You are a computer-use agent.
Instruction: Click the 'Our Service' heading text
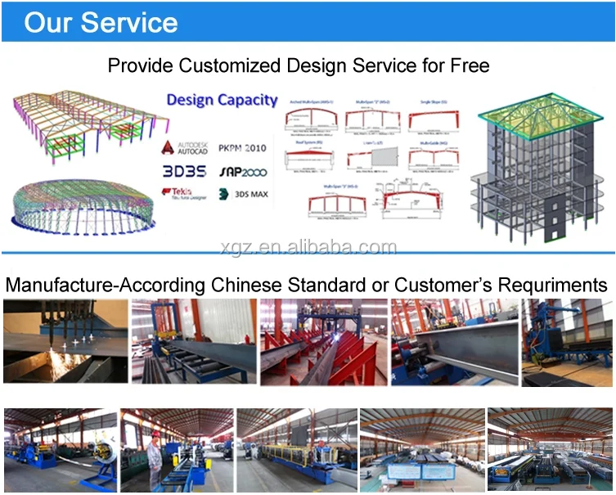click(100, 22)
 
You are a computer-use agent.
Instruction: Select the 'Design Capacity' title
click(222, 100)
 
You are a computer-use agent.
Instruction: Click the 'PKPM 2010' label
click(243, 149)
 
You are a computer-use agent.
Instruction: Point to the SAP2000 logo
click(242, 173)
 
